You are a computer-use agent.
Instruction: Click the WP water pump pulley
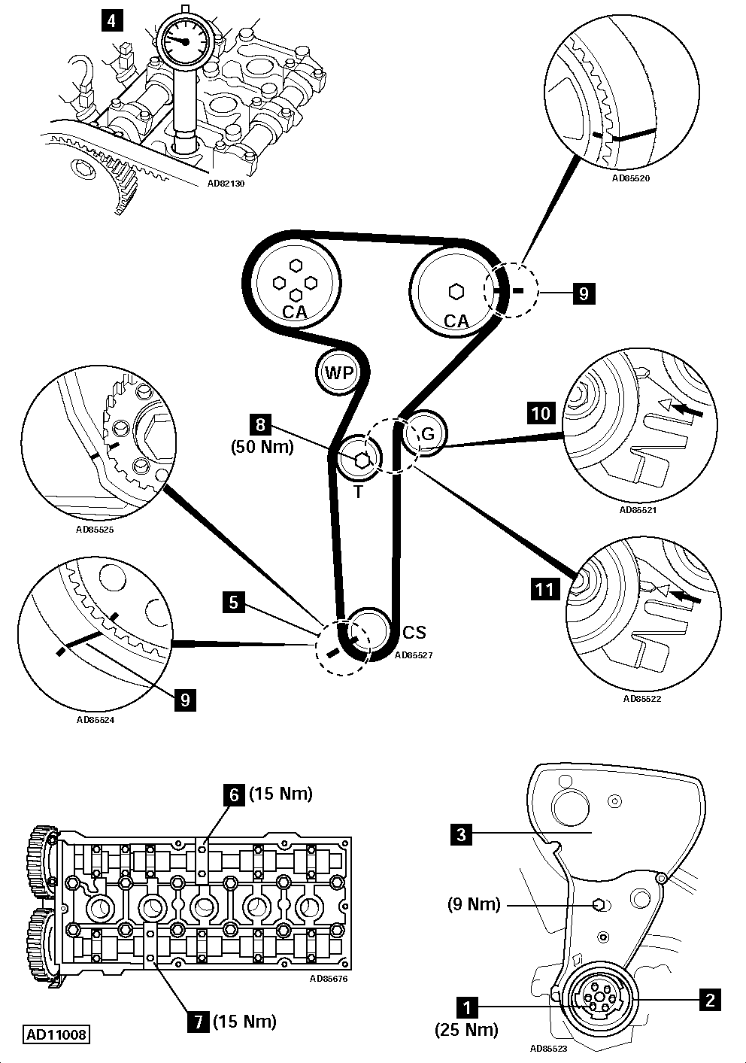pos(335,372)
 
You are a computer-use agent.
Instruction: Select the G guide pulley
pos(426,434)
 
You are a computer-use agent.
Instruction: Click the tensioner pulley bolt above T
pos(359,460)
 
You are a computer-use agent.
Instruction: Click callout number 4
pos(111,20)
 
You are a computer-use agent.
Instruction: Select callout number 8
pos(261,425)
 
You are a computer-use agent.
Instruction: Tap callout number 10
pos(541,413)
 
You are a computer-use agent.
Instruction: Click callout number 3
pos(462,834)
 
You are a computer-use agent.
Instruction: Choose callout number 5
pos(234,602)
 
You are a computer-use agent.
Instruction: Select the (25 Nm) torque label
pos(466,1030)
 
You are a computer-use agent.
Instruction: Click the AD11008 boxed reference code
pos(56,1034)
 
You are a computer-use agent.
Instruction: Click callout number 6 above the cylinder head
pos(233,794)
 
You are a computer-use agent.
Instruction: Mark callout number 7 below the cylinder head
pos(199,1022)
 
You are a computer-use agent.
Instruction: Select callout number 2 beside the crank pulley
pos(709,1000)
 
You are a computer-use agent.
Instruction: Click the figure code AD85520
pos(630,179)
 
